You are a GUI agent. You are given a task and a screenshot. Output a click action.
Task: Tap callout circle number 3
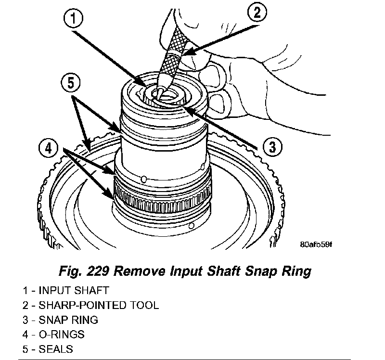(272, 147)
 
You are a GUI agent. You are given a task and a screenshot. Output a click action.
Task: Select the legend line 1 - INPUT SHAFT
(65, 290)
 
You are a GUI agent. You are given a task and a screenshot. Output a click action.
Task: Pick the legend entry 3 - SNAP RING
(60, 319)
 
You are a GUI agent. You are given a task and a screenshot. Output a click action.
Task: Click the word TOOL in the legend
(146, 305)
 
